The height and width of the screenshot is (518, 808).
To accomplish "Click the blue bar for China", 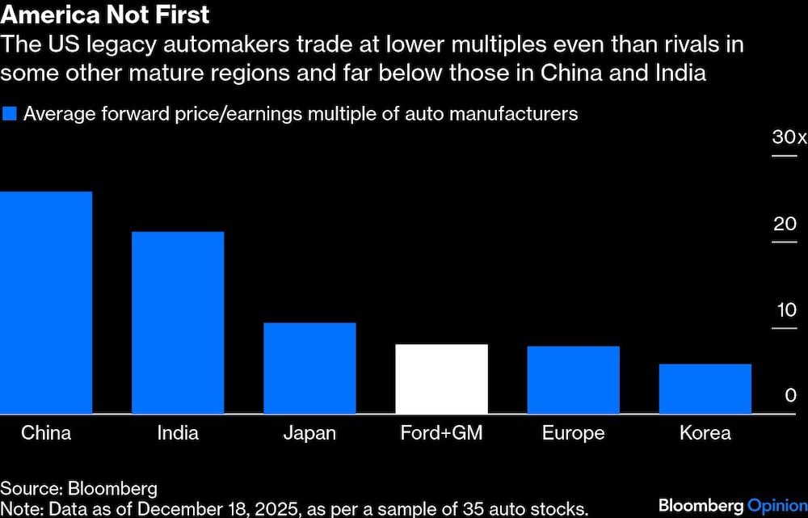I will [46, 303].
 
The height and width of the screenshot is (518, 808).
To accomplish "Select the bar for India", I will [178, 323].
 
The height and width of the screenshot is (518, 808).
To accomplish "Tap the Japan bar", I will [309, 368].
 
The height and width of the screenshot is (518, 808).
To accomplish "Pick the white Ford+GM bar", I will [441, 379].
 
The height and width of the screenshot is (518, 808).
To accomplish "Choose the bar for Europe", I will [573, 380].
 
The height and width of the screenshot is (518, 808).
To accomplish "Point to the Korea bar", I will [705, 389].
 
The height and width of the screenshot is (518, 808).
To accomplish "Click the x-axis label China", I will [46, 433].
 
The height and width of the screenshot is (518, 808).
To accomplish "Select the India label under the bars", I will [178, 433].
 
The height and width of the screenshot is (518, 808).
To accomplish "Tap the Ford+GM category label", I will [441, 433].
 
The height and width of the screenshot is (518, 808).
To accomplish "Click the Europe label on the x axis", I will [573, 433].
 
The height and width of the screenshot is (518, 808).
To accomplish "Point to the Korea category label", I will [705, 433].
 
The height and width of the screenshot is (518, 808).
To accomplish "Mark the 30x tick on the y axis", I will [789, 138].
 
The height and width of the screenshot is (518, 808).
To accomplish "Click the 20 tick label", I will [785, 224].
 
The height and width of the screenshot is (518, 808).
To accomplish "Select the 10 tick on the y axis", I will [785, 310].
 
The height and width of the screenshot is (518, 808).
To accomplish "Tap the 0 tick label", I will [791, 396].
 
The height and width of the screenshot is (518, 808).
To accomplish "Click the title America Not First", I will [105, 15].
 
